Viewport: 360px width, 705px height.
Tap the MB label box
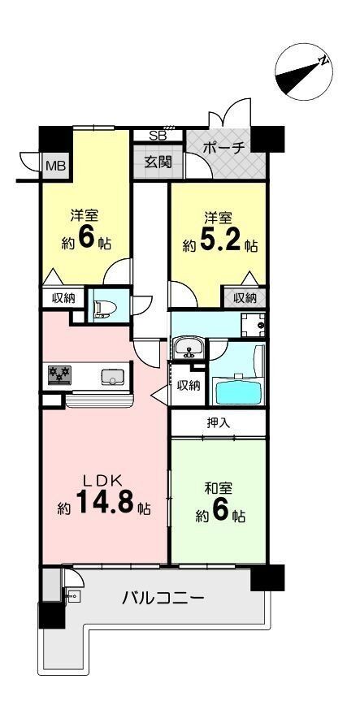point(55,167)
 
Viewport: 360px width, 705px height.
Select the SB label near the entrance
point(158,136)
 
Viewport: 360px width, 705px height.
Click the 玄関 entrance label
point(158,161)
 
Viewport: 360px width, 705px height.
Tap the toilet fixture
point(104,308)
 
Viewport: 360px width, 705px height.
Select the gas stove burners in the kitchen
point(59,374)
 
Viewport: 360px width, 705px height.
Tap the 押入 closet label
point(218,422)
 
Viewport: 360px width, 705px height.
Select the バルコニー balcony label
point(163,600)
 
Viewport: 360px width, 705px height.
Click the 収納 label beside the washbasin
point(189,385)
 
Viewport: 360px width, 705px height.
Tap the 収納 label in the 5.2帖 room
point(245,298)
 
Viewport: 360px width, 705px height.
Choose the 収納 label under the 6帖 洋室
point(63,298)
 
